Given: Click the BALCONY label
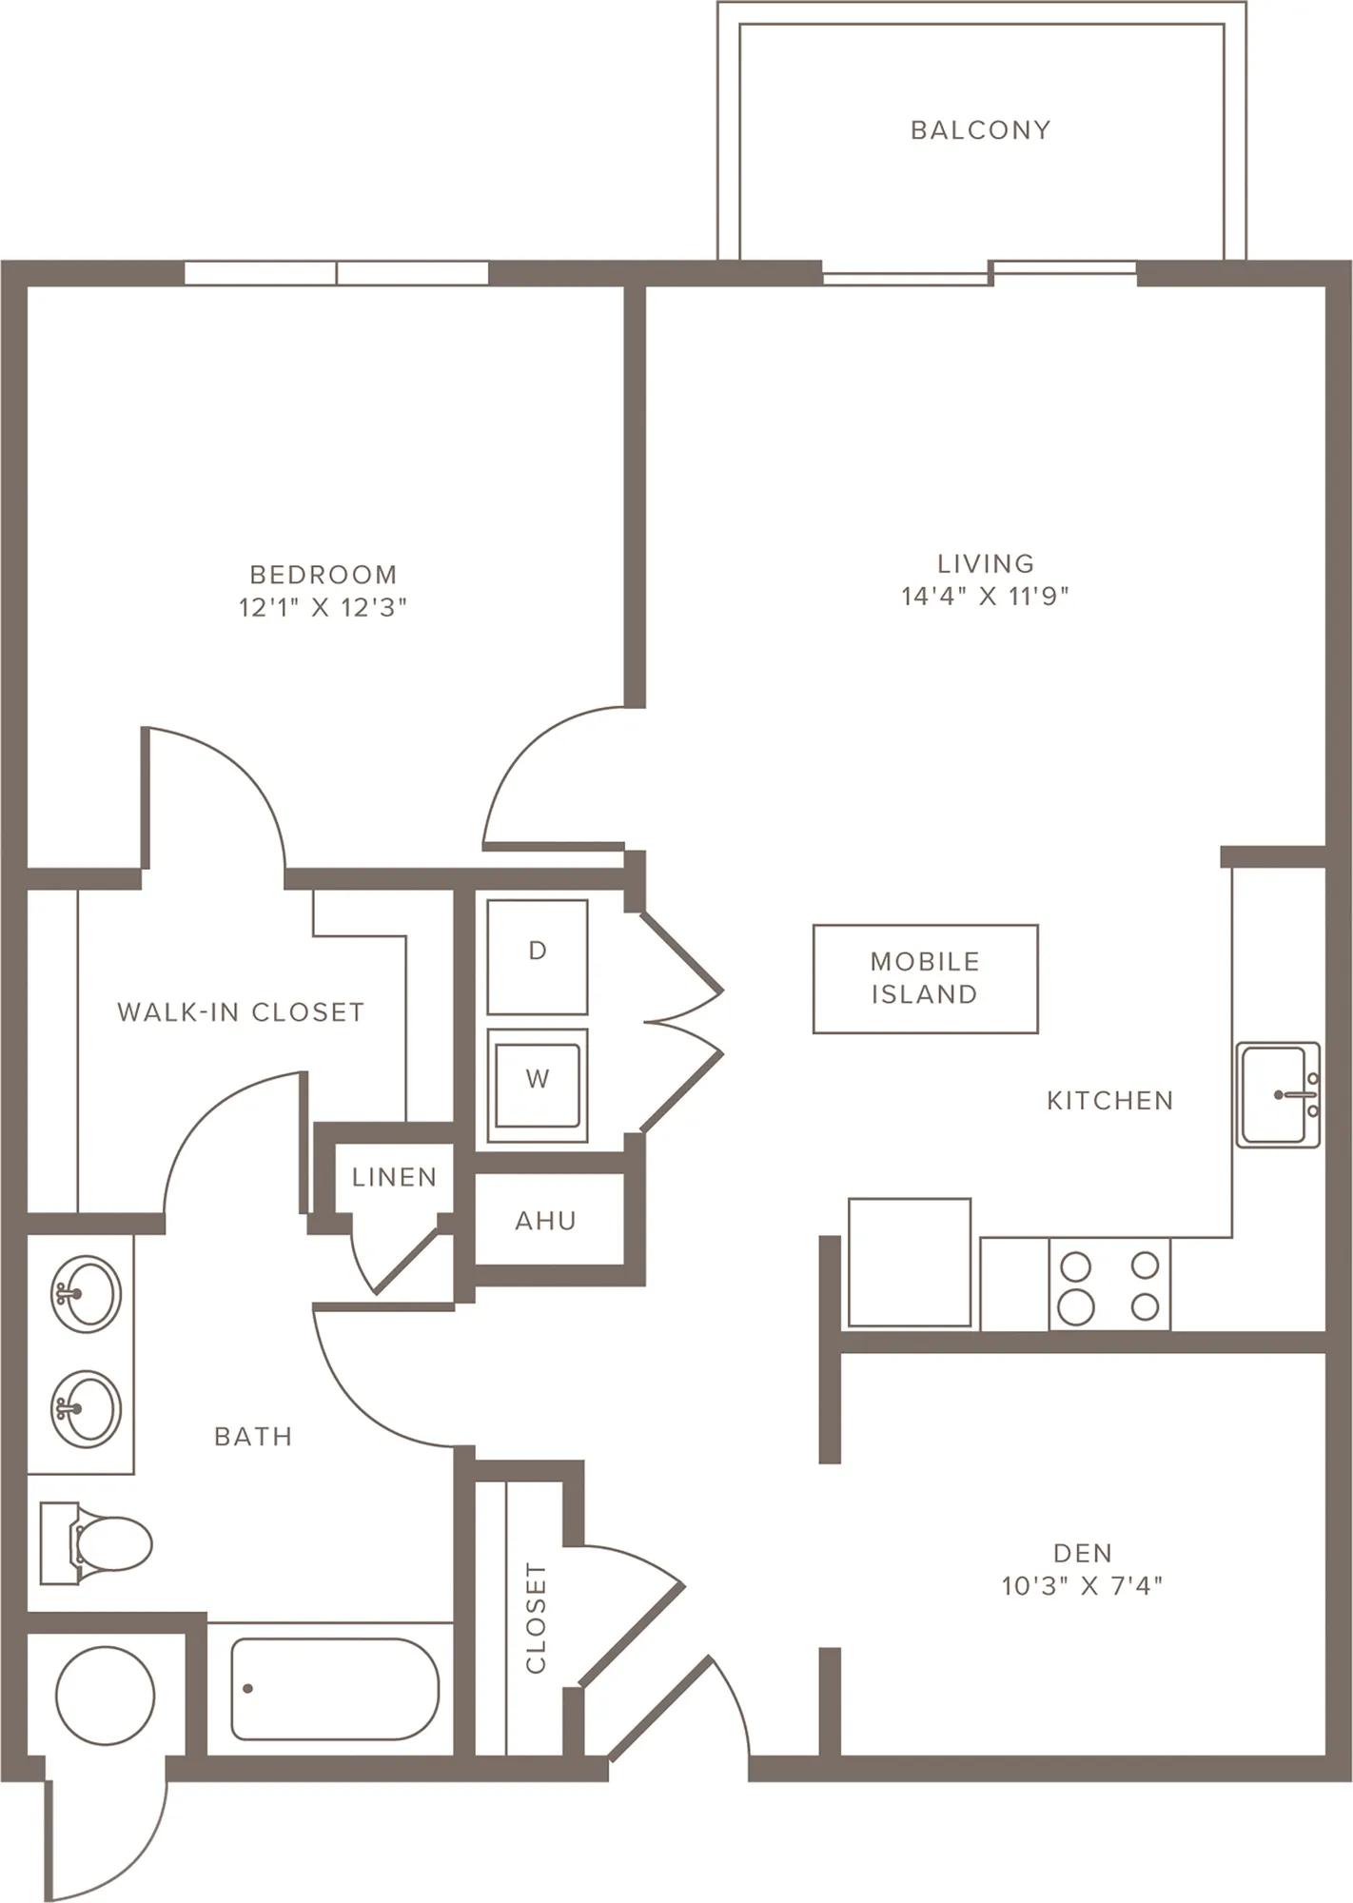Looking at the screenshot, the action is point(980,129).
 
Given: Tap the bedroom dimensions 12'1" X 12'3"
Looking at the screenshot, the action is point(323,607).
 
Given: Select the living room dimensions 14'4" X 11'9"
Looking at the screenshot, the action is point(985,596).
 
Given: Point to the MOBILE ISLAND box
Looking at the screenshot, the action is point(925,978).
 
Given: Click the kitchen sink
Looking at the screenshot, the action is point(1278,1094).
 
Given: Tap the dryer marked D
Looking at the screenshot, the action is point(538,957).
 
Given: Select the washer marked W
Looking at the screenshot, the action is point(538,1085).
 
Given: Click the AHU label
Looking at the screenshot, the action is point(545,1221).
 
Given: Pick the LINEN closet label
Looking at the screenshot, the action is point(394,1177).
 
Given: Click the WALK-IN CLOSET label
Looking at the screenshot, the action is point(241,1012).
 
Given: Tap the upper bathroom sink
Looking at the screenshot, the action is point(86,1294).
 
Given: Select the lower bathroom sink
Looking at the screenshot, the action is point(86,1409).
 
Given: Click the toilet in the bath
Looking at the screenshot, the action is point(96,1543).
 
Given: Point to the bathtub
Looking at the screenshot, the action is point(335,1689).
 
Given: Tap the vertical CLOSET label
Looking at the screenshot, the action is point(536,1618).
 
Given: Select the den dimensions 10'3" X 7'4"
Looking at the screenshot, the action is point(1082,1585).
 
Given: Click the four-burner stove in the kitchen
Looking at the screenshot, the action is point(1109,1284).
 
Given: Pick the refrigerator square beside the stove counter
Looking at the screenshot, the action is point(910,1262).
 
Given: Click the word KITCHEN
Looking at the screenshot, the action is point(1110,1101).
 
